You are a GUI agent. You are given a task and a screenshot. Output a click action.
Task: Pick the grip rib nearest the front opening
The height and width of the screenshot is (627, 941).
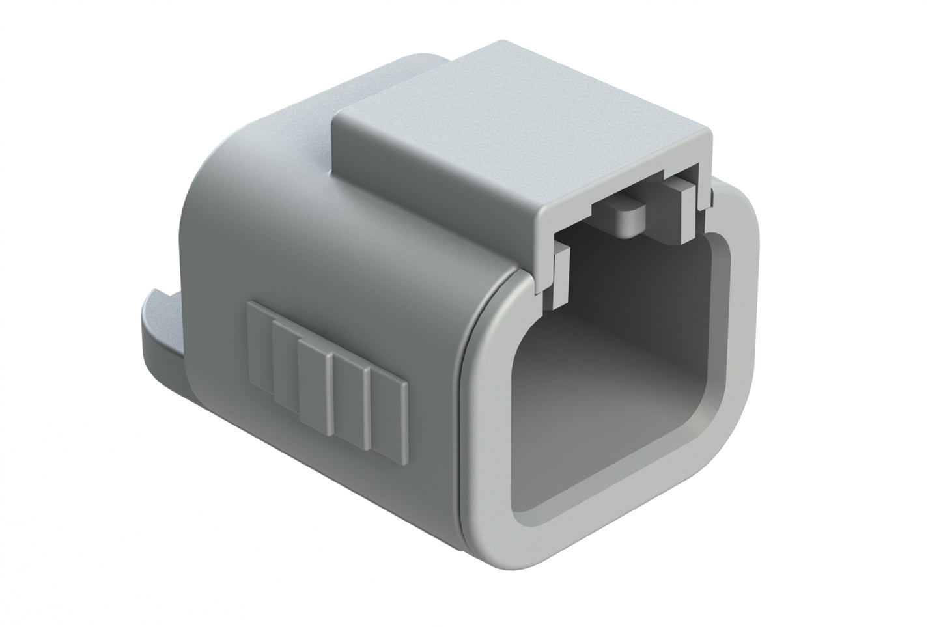[x=389, y=417]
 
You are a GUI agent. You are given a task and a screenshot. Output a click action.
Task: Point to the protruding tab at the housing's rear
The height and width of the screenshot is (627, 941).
[x=160, y=326]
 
